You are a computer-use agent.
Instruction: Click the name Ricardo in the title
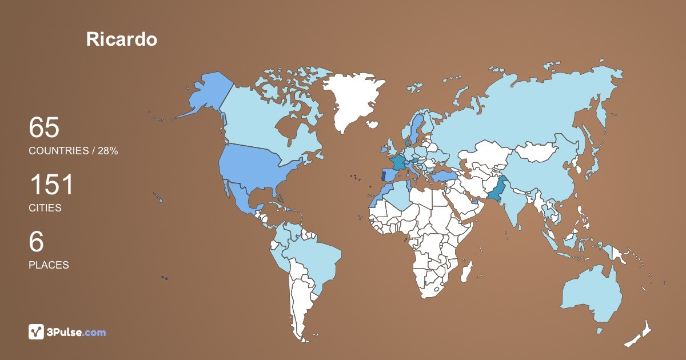(121, 39)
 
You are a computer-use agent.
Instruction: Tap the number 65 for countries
(44, 128)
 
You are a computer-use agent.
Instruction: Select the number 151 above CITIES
(51, 185)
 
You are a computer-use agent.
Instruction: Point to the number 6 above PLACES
(36, 242)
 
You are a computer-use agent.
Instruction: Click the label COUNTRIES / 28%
(73, 151)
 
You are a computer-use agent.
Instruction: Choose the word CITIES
(45, 208)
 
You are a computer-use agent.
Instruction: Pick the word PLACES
(49, 265)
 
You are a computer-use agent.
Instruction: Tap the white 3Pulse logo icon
(37, 332)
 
